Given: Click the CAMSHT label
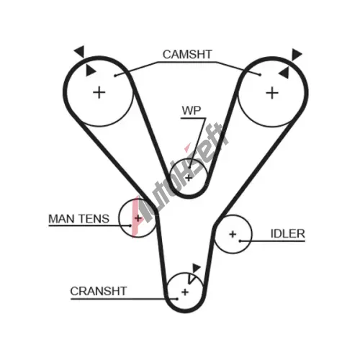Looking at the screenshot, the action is (187, 55).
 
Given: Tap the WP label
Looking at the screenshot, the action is (192, 110).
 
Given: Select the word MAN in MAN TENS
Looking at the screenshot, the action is (62, 219).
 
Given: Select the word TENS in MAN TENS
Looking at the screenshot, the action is (94, 219).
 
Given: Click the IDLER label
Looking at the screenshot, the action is (288, 234).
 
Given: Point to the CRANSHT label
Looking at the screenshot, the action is (99, 292).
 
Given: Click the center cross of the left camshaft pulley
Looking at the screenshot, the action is (99, 93).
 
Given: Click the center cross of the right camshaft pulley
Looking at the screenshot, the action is (272, 93).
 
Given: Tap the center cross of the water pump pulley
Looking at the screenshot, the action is (189, 178).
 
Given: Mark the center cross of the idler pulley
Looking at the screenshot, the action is (233, 234).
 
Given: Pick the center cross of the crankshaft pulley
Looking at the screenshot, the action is (185, 292).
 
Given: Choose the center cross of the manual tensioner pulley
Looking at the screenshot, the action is (138, 218).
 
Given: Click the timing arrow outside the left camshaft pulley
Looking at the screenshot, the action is (80, 51).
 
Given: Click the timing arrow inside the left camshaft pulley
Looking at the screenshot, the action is (91, 71).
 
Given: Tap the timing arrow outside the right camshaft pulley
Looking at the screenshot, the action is (297, 55).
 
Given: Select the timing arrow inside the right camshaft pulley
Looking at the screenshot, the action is (284, 73).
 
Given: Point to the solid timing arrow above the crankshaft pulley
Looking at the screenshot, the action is (196, 268).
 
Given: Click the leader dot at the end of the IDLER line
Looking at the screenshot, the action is (240, 240).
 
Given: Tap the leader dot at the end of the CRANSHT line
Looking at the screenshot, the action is (177, 299).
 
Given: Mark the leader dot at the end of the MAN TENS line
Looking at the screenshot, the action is (130, 225).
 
